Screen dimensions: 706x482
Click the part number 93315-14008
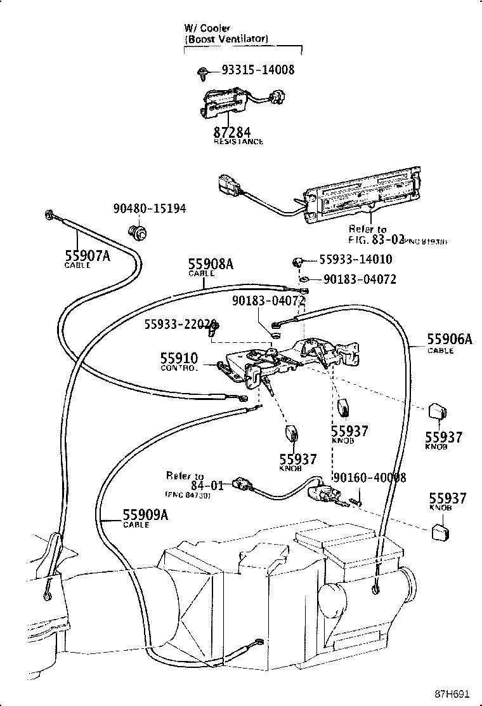tap(258, 70)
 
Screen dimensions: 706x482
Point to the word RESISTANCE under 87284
tap(238, 142)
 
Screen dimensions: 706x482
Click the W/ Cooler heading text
tap(207, 29)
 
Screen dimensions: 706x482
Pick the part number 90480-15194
tap(150, 208)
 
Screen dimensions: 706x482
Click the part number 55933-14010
tap(355, 259)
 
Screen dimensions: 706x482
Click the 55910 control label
tap(179, 359)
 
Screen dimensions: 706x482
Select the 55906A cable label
tap(449, 340)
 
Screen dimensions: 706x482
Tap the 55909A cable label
tap(145, 516)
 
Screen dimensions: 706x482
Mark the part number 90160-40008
tap(369, 478)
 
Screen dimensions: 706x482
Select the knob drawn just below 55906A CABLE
tap(438, 412)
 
